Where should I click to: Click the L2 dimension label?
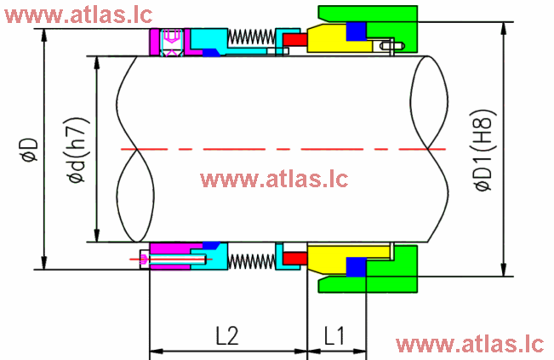[226, 335]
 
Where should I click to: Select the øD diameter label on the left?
[28, 149]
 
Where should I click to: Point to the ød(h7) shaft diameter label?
[77, 149]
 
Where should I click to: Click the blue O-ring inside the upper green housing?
[356, 31]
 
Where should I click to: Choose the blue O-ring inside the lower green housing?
[356, 266]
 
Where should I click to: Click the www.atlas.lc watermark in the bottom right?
[469, 343]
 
